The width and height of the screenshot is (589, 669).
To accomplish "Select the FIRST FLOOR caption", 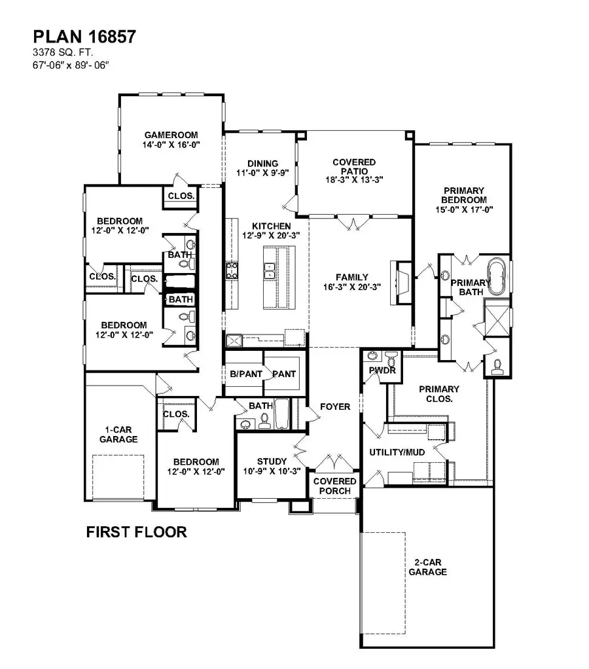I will (x=136, y=532).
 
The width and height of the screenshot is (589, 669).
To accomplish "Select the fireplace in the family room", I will (x=401, y=283).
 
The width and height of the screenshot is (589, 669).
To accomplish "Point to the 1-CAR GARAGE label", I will (x=118, y=435).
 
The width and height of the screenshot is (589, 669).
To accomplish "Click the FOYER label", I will (x=334, y=407).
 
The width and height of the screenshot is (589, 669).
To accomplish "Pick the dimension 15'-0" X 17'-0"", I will (x=463, y=210).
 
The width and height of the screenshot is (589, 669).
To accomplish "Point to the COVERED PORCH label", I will (x=334, y=486).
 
